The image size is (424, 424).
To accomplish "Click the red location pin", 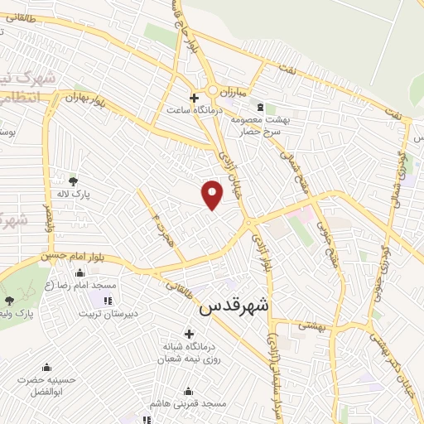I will point(213,194).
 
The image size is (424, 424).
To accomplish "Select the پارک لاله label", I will point(75,194).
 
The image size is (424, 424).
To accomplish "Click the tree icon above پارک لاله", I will point(73,180).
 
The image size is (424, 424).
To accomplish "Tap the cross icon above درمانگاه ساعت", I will point(194,97).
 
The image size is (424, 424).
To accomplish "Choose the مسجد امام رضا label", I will point(91,285).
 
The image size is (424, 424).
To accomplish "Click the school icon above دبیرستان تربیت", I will point(107,299).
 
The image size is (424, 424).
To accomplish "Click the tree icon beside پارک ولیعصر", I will point(9,301).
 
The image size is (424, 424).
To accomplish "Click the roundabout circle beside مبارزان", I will point(213,90).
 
